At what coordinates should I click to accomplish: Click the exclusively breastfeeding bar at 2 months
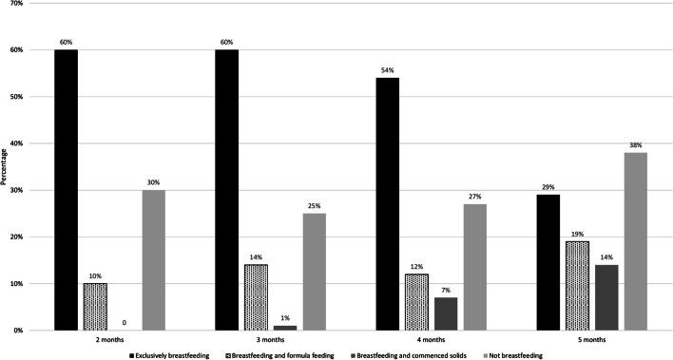tap(66, 190)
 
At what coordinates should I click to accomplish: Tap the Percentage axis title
tap(7, 166)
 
